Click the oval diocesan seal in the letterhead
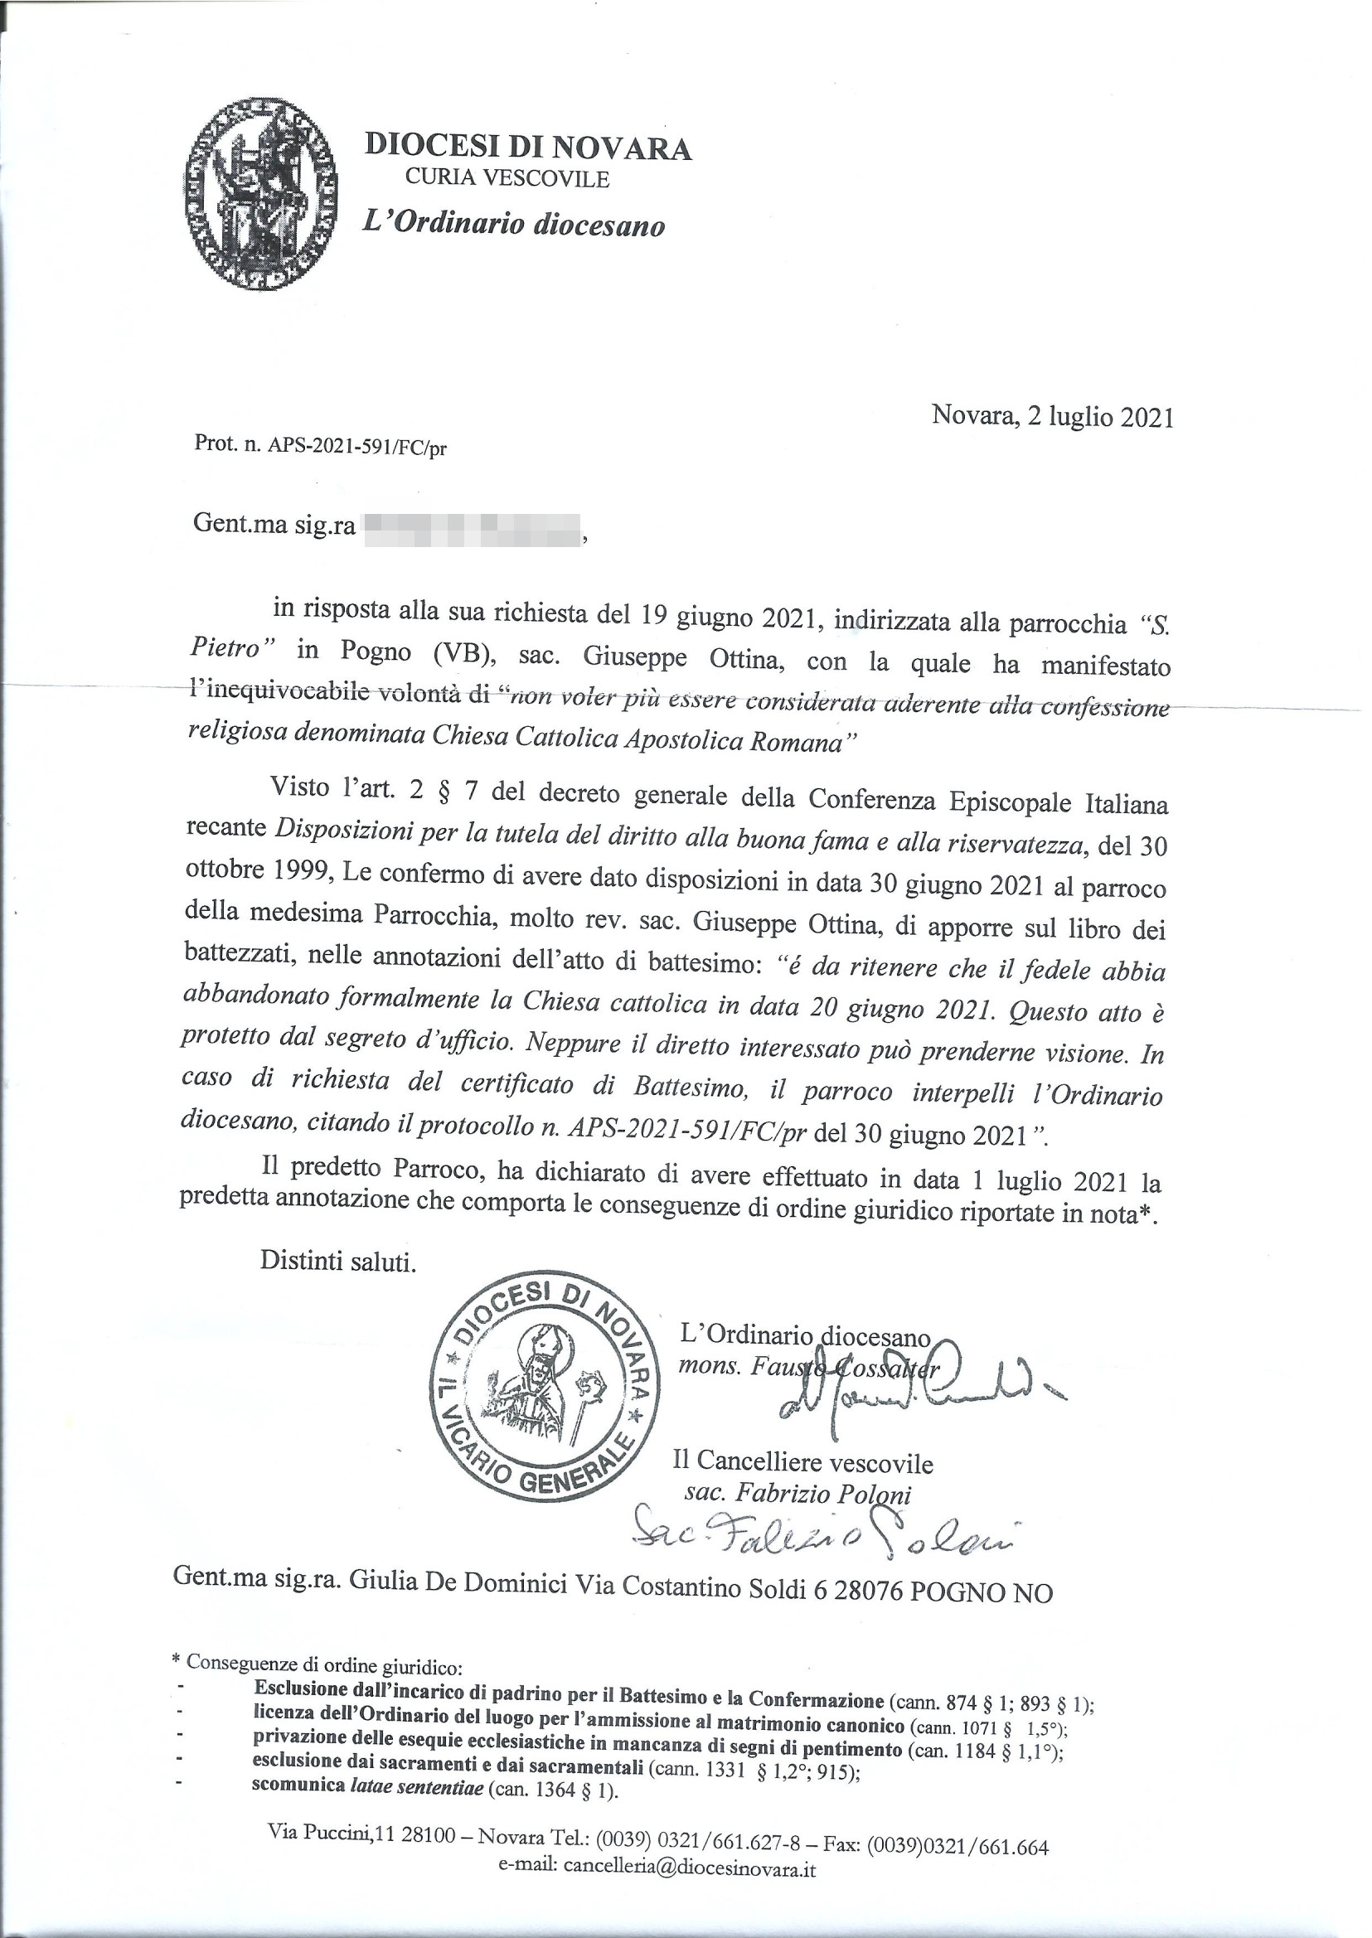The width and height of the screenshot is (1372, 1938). click(x=260, y=193)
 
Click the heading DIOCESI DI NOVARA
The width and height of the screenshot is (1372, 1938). click(x=528, y=148)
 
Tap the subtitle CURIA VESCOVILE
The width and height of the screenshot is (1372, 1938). click(x=507, y=178)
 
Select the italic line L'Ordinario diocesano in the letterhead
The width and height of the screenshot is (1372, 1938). click(x=514, y=224)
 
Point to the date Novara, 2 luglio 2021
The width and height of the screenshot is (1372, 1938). click(x=1052, y=416)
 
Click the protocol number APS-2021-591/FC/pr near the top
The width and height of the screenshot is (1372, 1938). click(x=356, y=448)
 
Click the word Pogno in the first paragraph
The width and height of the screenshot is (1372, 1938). click(x=377, y=652)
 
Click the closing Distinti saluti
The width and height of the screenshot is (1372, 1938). click(x=338, y=1262)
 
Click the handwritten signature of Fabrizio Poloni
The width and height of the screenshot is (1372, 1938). click(x=828, y=1544)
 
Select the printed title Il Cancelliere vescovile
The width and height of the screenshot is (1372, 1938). click(x=802, y=1462)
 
